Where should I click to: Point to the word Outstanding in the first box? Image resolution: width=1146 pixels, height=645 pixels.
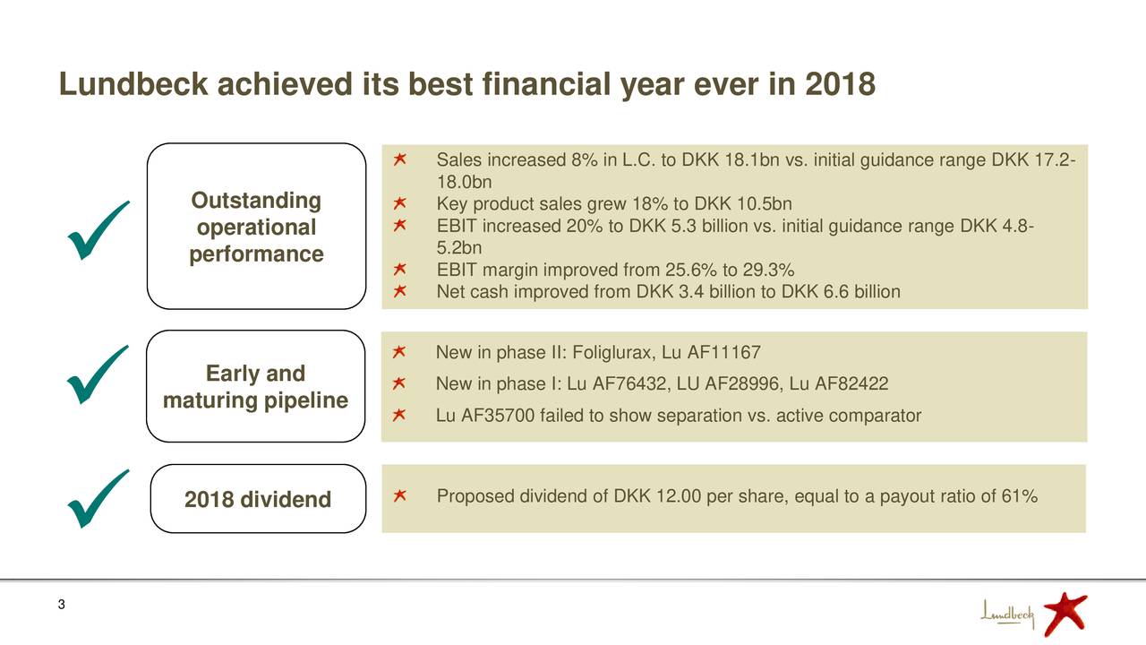[x=257, y=200]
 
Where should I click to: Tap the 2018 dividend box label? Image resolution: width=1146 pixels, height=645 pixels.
[x=258, y=499]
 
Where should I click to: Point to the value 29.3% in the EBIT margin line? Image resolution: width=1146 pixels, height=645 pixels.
[x=769, y=271]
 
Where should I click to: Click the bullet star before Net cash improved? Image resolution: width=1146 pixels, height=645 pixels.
[x=400, y=291]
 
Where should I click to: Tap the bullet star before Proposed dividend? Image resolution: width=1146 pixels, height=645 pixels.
[x=400, y=496]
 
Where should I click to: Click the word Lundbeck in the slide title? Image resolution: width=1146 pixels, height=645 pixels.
[x=134, y=85]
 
